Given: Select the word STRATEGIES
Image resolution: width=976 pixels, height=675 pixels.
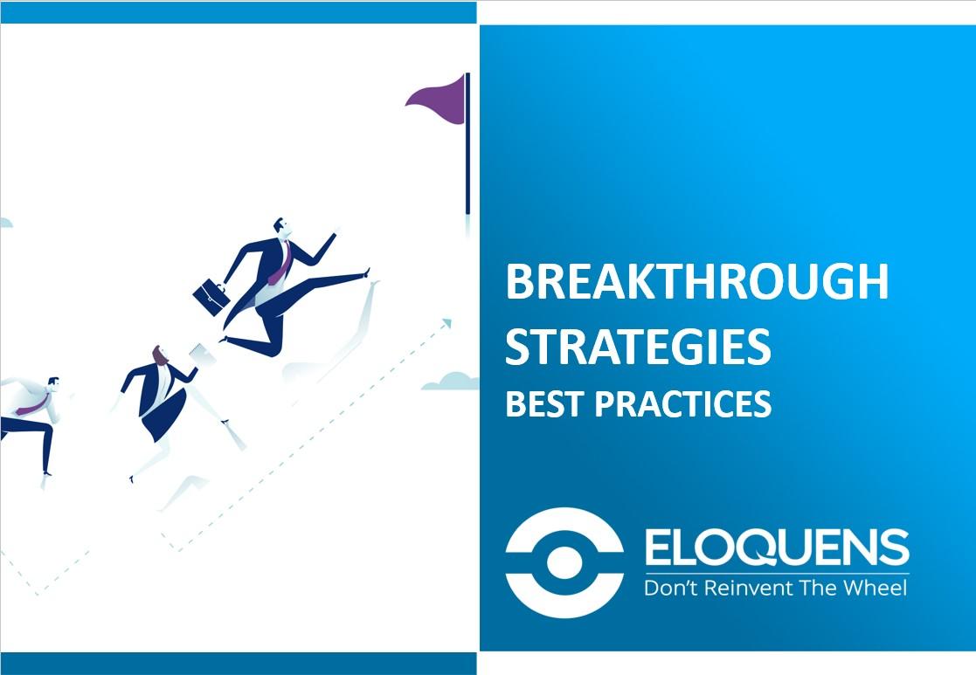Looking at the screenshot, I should click(x=638, y=346).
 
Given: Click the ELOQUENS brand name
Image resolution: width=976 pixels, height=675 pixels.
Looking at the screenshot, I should click(x=776, y=548).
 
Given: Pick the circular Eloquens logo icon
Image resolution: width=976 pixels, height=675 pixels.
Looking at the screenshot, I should click(x=564, y=560).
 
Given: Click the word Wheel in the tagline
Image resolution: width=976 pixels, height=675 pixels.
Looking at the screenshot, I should click(x=873, y=587).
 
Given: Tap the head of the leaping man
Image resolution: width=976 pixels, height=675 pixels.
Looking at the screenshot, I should click(x=280, y=226).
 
